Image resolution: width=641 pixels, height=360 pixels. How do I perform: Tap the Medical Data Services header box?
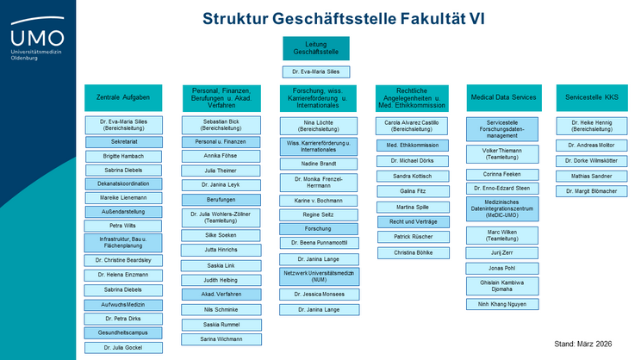502,97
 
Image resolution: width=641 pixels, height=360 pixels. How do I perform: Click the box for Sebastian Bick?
215,125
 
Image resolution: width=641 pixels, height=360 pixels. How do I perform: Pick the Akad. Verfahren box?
215,294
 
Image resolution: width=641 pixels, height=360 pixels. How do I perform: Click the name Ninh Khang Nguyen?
502,304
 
